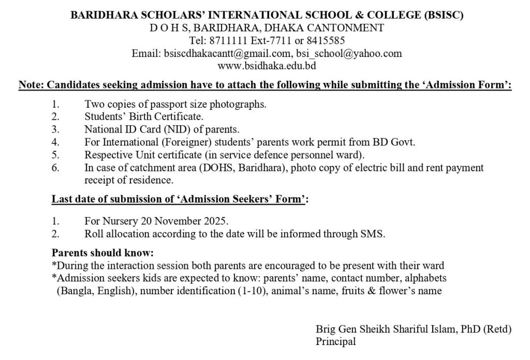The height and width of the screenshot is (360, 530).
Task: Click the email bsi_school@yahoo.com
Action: (x=349, y=53)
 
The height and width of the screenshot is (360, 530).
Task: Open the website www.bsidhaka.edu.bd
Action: (x=267, y=66)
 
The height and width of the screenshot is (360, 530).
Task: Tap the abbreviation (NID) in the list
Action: (x=181, y=129)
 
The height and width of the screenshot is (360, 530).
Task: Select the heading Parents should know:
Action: (x=102, y=253)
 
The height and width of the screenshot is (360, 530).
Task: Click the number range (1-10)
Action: (x=251, y=291)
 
